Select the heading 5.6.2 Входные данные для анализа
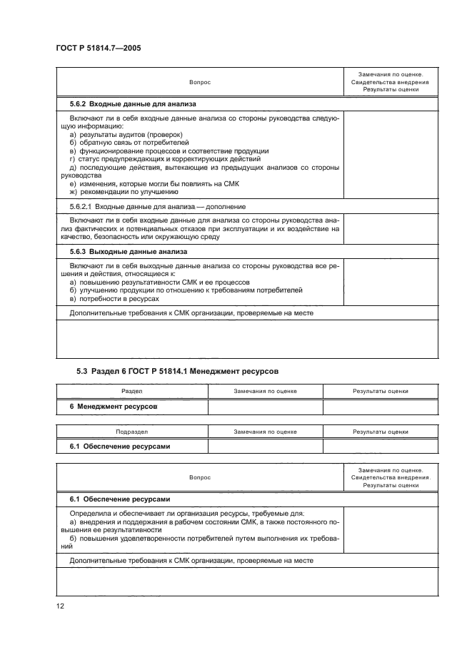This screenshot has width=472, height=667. [x=119, y=105]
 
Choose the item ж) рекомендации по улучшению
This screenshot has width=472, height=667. [x=124, y=191]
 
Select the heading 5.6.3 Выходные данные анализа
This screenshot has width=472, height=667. [x=116, y=252]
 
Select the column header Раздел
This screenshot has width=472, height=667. [x=131, y=392]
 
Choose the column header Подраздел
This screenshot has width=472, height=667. [x=131, y=432]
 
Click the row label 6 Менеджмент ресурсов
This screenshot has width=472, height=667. [x=113, y=407]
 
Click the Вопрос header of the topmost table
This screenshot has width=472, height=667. [x=200, y=83]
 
